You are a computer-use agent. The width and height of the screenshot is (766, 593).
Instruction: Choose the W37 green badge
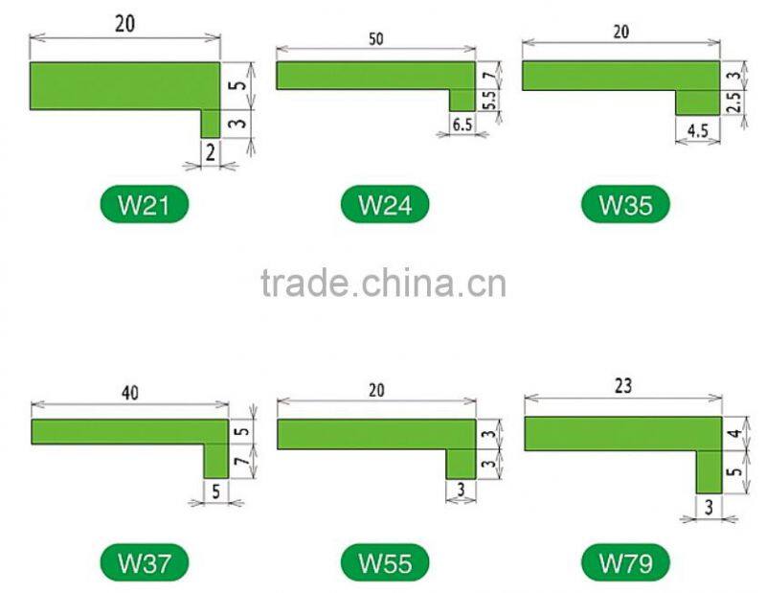click(x=145, y=561)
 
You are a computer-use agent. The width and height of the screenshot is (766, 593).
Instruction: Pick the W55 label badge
click(x=385, y=561)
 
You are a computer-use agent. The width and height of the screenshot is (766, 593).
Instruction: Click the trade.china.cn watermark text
click(x=383, y=284)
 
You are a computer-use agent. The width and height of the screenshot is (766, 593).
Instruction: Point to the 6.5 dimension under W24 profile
click(x=462, y=125)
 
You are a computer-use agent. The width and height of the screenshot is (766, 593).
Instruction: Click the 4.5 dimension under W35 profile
click(x=697, y=131)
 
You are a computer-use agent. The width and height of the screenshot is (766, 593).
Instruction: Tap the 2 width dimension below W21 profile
click(x=210, y=151)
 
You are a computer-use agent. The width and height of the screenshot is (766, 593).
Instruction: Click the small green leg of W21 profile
click(x=211, y=123)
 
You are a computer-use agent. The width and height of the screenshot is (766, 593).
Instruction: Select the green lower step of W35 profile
click(x=697, y=103)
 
